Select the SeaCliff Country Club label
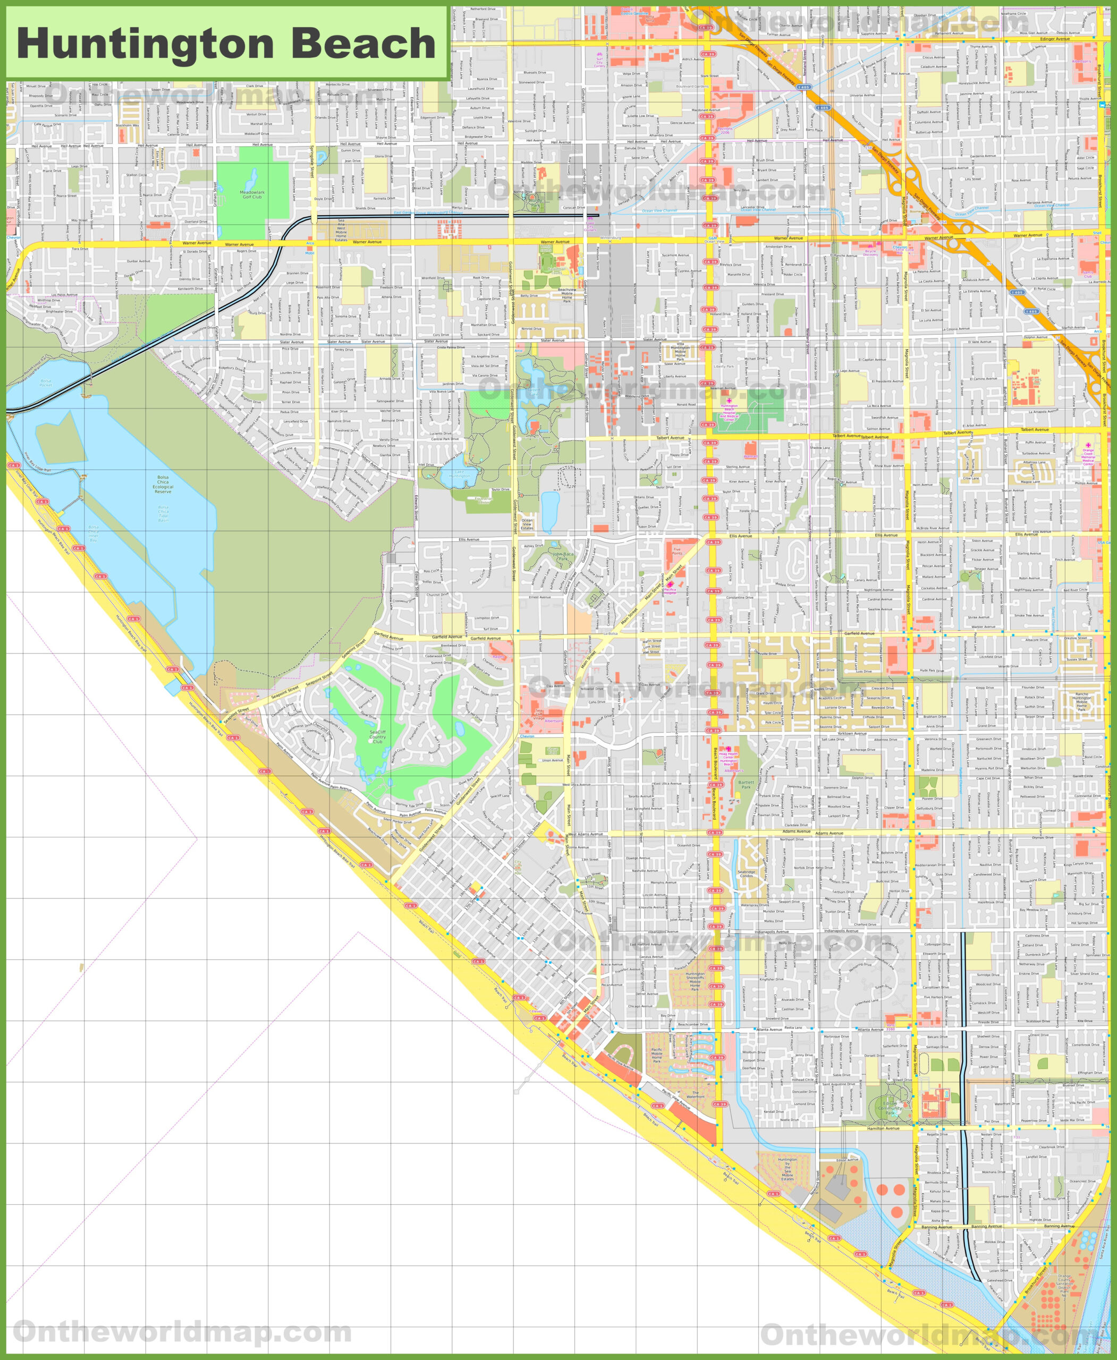coord(377,737)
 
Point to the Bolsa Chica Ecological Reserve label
coord(163,484)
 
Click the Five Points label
coord(677,551)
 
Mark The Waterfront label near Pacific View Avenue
coord(695,1094)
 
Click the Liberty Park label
coord(724,367)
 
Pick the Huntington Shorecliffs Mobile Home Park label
coord(695,981)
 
